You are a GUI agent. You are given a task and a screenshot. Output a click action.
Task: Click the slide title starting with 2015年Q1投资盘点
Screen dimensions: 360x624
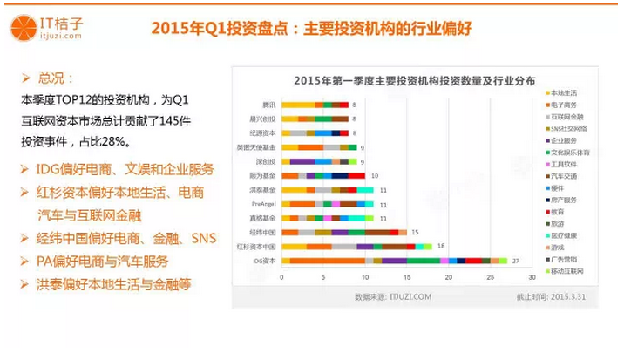(311, 27)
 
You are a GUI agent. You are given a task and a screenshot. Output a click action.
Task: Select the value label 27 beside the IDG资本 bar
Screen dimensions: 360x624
(516, 260)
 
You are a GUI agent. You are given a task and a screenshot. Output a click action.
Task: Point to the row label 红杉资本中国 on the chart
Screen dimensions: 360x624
(261, 247)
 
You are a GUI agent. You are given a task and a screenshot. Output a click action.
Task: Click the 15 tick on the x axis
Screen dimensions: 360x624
(406, 277)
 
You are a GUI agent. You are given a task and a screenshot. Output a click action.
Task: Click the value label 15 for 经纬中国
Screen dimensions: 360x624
(416, 232)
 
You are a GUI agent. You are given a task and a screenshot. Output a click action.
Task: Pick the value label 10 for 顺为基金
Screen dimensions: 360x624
(374, 174)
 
